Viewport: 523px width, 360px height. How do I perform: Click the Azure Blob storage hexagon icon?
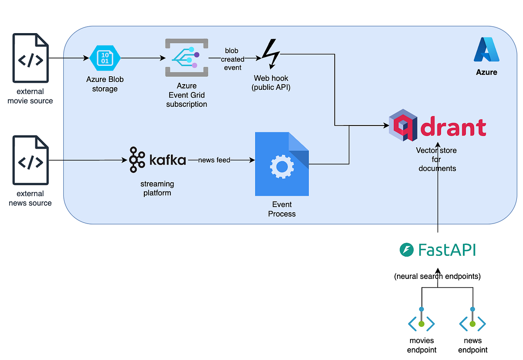tap(105, 58)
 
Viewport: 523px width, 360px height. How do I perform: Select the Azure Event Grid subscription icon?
tap(187, 58)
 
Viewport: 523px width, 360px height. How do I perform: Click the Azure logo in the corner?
tap(486, 50)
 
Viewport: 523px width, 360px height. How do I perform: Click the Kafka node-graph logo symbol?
tap(137, 160)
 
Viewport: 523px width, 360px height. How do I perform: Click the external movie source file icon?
tap(31, 58)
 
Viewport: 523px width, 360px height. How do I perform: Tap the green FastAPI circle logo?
tap(406, 250)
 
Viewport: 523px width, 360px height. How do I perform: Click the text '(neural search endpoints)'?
tap(437, 276)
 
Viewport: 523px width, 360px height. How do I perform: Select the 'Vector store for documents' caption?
tap(437, 160)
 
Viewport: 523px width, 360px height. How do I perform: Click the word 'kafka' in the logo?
tap(168, 160)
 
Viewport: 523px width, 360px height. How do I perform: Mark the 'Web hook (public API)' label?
tap(271, 83)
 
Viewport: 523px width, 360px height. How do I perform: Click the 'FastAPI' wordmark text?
tap(447, 250)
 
